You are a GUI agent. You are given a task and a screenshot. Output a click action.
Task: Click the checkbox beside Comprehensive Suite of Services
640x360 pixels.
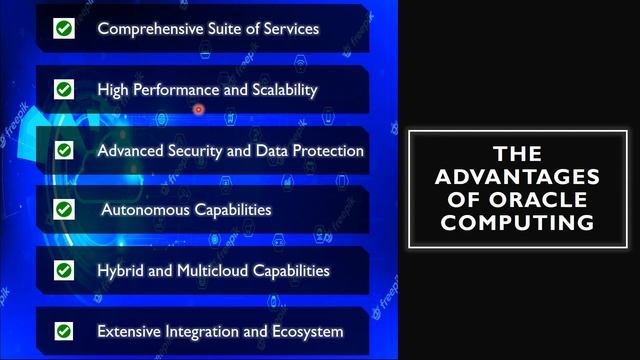click(x=64, y=29)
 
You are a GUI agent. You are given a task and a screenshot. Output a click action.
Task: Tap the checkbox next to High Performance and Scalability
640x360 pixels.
click(x=64, y=90)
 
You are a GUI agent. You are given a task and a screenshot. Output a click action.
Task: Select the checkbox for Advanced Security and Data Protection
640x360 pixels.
click(x=64, y=150)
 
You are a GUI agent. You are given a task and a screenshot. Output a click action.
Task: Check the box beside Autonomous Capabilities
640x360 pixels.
click(x=64, y=210)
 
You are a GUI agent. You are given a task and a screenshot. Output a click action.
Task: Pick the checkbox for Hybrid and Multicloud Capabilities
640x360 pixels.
click(x=64, y=270)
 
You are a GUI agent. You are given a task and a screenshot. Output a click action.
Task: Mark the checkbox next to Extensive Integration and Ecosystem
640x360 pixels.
click(x=64, y=331)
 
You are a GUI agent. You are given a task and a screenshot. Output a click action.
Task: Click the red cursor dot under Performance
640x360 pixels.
click(x=199, y=109)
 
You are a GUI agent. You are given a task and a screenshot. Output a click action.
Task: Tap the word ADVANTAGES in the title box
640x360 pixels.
click(x=519, y=177)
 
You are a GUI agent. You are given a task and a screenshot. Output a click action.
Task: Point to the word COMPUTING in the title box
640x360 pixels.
click(x=519, y=222)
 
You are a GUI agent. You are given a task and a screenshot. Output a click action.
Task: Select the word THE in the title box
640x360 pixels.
click(x=519, y=154)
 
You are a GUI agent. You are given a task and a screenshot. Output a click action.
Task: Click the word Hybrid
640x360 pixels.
click(x=121, y=271)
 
